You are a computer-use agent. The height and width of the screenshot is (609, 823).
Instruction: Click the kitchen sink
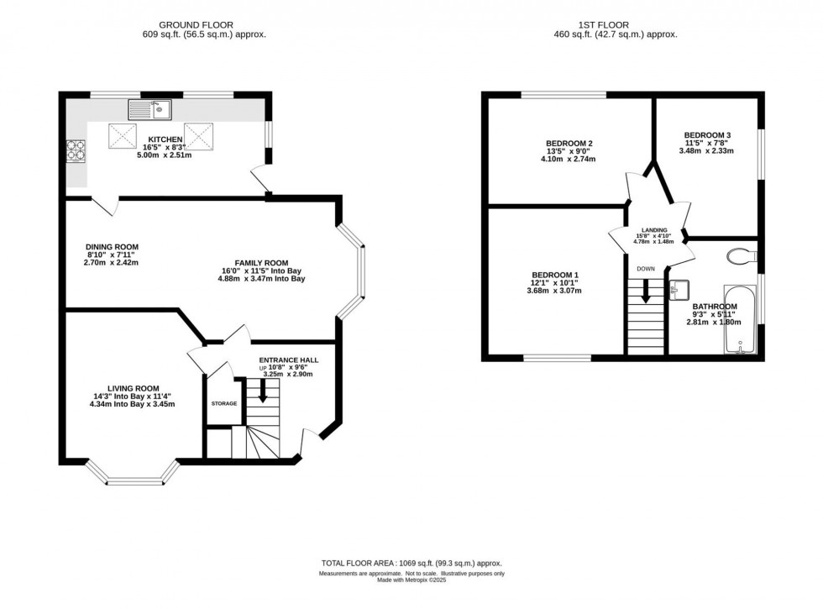click(x=149, y=108)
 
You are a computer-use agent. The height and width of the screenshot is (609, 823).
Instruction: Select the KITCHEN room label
click(x=165, y=139)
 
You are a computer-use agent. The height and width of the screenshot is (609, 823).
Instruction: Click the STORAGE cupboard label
click(x=224, y=404)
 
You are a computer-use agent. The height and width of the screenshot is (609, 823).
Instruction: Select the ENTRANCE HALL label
click(x=288, y=360)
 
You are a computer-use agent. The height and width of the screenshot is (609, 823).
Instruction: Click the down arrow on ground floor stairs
click(x=263, y=391)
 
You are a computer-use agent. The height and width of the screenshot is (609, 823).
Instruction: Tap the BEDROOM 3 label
click(x=706, y=135)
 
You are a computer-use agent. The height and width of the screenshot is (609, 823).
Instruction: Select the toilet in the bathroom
click(x=740, y=255)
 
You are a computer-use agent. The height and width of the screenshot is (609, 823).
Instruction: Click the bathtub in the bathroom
click(x=739, y=320)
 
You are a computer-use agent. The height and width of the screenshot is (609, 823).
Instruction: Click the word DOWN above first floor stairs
click(x=646, y=269)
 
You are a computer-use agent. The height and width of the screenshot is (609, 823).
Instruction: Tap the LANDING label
click(x=654, y=229)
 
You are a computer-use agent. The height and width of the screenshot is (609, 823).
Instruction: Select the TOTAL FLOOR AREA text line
click(x=411, y=564)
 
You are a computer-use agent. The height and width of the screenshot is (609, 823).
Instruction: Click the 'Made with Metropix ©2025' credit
click(x=411, y=580)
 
